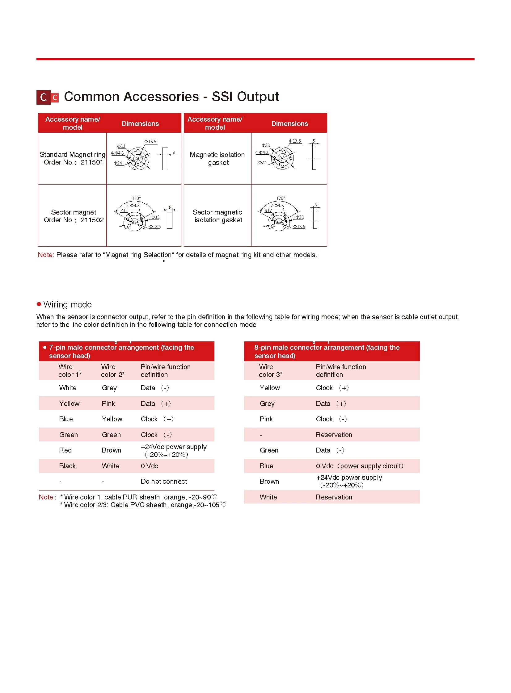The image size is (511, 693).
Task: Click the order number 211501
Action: (91, 162)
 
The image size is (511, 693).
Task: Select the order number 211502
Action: (92, 220)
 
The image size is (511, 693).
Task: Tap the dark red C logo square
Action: (43, 97)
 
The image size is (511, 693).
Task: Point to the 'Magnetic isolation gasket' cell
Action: (217, 159)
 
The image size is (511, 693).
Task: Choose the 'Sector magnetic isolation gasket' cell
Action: (217, 216)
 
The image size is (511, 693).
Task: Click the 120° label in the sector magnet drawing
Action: (136, 198)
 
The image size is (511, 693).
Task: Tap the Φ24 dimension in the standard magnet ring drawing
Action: (118, 163)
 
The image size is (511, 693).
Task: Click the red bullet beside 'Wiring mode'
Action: (39, 304)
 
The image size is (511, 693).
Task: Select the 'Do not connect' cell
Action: (164, 482)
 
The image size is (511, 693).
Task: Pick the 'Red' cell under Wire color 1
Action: (65, 450)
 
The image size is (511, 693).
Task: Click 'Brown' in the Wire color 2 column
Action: (111, 450)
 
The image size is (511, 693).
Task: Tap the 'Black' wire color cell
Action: (67, 466)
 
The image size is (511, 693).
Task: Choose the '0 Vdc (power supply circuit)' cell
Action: (359, 466)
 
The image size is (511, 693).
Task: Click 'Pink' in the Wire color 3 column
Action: (266, 419)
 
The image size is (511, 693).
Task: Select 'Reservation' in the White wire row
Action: (334, 497)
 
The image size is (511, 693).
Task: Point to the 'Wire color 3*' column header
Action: (270, 371)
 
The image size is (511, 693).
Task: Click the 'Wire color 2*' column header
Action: (112, 371)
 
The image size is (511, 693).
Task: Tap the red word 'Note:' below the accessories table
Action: (46, 255)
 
